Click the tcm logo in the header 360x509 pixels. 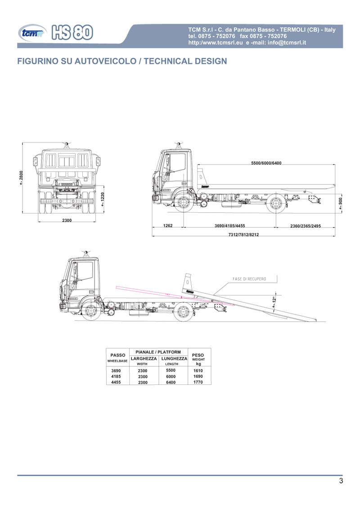point(32,33)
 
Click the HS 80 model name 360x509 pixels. point(72,32)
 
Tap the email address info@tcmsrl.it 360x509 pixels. point(287,43)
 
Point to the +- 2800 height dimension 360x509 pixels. point(21,178)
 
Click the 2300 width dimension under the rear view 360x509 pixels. point(67,220)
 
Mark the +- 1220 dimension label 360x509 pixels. point(103,199)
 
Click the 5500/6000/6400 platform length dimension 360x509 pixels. point(266,163)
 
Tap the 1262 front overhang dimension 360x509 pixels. point(168,226)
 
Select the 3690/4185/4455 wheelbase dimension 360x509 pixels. point(229,226)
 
